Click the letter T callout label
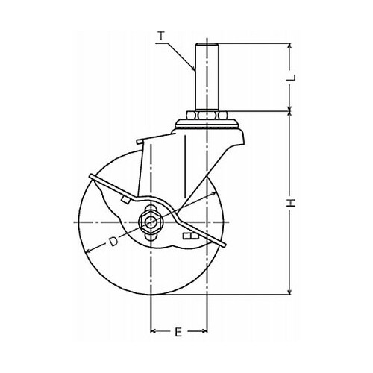162,36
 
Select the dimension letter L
291,78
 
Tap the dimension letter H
290,203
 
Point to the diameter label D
113,241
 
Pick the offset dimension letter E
178,333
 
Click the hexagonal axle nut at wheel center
148,221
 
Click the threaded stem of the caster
207,77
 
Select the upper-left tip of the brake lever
91,176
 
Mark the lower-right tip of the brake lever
224,245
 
